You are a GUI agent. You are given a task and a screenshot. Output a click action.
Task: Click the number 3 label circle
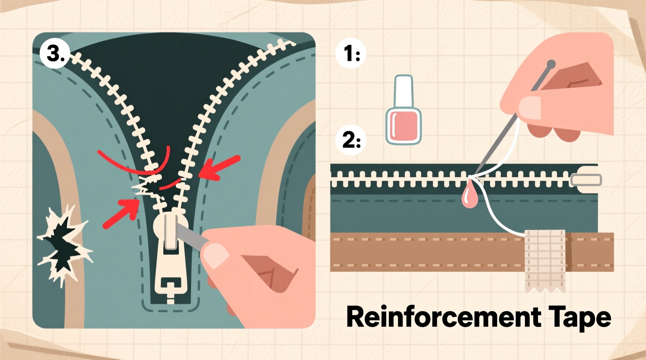pos(55,53)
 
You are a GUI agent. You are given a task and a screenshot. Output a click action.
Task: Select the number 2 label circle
pos(351,140)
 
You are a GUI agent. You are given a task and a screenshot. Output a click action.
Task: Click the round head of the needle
pos(550,64)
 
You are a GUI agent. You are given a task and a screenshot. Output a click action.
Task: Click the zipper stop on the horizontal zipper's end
pos(586,180)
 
